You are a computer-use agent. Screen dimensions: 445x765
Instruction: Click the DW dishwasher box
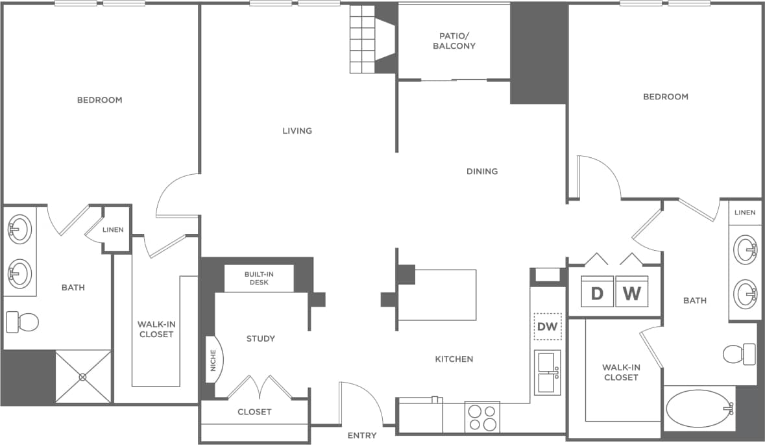(548, 327)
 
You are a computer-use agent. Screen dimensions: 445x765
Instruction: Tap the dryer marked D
(597, 294)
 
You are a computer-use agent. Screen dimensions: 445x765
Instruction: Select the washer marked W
(631, 294)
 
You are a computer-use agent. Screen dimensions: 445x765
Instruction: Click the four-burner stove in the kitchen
(482, 417)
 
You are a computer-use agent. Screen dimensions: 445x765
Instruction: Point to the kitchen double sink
(548, 373)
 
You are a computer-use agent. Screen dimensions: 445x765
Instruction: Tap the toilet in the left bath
(22, 321)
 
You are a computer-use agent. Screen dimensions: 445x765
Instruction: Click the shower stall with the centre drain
(83, 377)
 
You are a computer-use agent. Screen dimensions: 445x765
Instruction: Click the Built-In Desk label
(259, 278)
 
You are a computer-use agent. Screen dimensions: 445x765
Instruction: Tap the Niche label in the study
(213, 361)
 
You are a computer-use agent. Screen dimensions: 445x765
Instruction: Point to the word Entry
(361, 435)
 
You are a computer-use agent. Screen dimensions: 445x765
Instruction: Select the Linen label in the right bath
(745, 212)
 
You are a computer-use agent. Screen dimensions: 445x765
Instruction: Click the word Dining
(482, 172)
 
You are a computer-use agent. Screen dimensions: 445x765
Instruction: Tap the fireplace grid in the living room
(363, 39)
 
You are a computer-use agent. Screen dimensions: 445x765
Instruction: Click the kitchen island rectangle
(437, 295)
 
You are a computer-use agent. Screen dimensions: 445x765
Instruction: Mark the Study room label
(260, 338)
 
